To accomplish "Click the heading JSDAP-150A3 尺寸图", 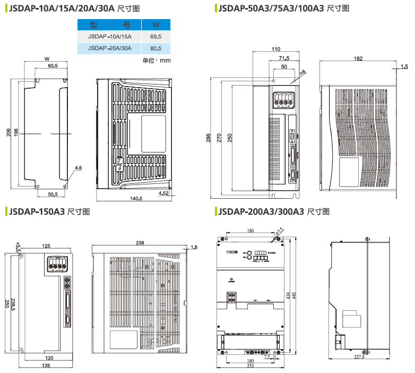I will [48, 211].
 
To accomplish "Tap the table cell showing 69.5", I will [156, 37].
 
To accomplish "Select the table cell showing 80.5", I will [156, 48].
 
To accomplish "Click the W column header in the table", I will [156, 25].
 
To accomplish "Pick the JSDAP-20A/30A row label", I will [110, 48].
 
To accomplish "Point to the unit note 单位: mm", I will [157, 61].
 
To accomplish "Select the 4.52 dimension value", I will [163, 194].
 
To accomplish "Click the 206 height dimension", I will [8, 132].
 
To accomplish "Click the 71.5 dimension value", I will [283, 58].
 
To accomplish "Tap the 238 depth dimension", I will [140, 243].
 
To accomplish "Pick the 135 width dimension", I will [46, 366].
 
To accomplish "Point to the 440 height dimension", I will [293, 295].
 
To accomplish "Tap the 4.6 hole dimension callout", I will [78, 168].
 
